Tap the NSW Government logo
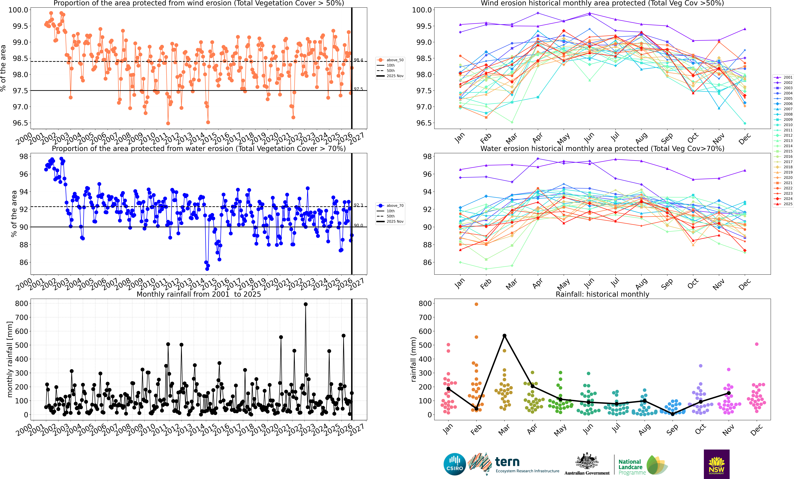click(716, 464)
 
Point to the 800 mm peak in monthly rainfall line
click(305, 304)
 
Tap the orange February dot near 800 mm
click(476, 304)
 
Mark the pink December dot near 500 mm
click(757, 344)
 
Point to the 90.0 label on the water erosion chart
click(358, 225)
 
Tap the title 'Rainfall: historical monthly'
click(602, 294)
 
